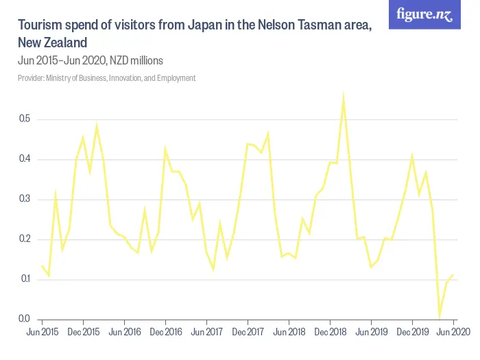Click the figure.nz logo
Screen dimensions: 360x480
click(x=425, y=15)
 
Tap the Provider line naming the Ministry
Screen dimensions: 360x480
click(x=106, y=78)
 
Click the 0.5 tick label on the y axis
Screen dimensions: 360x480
click(x=25, y=120)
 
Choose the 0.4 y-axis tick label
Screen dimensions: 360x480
click(x=25, y=160)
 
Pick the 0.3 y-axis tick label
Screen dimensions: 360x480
click(x=25, y=200)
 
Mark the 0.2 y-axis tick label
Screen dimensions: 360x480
click(x=25, y=239)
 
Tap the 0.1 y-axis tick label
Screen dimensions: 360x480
click(x=25, y=279)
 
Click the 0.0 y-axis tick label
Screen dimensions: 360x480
click(x=25, y=319)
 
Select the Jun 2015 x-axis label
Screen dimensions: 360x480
click(x=42, y=332)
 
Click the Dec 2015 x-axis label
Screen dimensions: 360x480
click(x=83, y=332)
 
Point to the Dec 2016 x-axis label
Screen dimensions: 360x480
click(x=165, y=332)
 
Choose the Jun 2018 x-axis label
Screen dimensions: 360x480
click(x=289, y=332)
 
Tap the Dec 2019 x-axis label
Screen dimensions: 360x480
click(x=412, y=332)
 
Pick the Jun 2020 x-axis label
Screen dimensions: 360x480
click(x=453, y=332)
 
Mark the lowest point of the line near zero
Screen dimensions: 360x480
click(x=440, y=317)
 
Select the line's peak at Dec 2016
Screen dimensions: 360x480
click(x=165, y=148)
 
